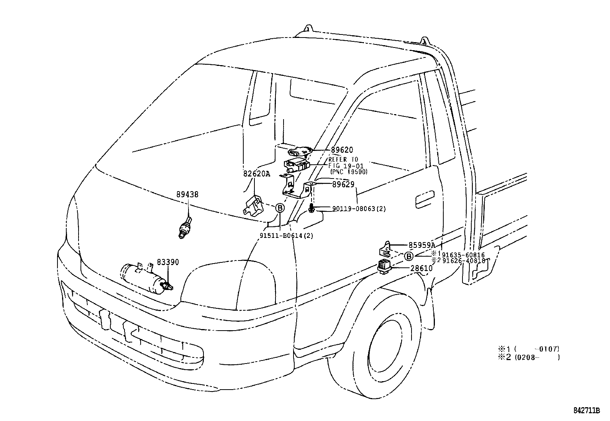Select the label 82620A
[256, 174]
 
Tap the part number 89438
[187, 195]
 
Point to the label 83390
[167, 262]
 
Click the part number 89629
[343, 184]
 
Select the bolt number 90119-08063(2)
[359, 209]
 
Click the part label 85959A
[421, 245]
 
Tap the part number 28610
[421, 269]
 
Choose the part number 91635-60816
[463, 255]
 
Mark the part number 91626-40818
[463, 261]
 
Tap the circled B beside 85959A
[409, 256]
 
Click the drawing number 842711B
[587, 410]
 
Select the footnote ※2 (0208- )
[529, 357]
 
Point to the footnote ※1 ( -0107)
[529, 349]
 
